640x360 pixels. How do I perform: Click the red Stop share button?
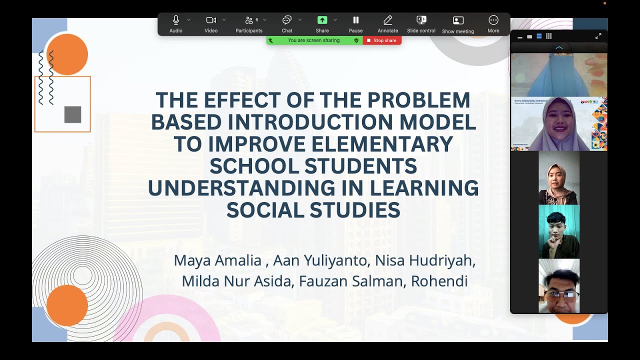coord(382,40)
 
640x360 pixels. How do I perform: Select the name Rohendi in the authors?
coord(439,281)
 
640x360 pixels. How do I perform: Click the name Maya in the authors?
coord(193,260)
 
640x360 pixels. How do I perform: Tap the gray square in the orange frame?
coord(72,114)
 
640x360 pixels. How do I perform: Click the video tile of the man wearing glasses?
coord(559,286)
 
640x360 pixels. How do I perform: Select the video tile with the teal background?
coord(559,231)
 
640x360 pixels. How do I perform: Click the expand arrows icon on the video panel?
coord(598,36)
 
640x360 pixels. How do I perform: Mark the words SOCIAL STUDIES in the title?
coord(313,210)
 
